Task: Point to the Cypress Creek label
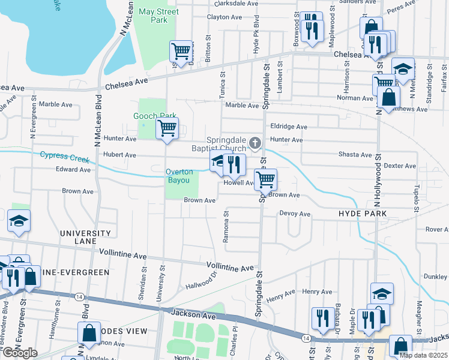[64, 157]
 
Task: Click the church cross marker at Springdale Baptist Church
[255, 143]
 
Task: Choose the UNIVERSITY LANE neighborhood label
[85, 237]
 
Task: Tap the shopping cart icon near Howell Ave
[265, 179]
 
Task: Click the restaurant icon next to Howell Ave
[234, 164]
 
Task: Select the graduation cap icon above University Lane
[19, 221]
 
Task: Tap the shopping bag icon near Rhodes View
[89, 334]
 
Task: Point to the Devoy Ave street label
[294, 214]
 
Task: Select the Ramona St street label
[226, 227]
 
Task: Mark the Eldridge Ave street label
[289, 127]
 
